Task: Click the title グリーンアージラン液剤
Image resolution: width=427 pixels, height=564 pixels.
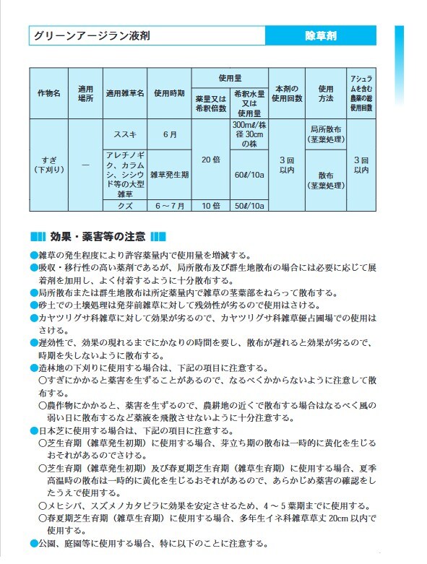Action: [92, 35]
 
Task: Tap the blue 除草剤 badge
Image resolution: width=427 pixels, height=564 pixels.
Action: [321, 35]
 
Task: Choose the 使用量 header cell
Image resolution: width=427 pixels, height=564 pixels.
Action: [229, 77]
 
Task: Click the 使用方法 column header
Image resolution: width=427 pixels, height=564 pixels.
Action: [326, 94]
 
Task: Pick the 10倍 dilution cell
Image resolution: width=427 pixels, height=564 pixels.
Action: [210, 206]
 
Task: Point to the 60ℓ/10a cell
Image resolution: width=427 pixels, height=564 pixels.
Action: [249, 175]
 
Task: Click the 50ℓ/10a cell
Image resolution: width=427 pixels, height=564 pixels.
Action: [249, 206]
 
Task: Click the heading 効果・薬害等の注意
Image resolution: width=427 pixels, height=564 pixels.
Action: [98, 236]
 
